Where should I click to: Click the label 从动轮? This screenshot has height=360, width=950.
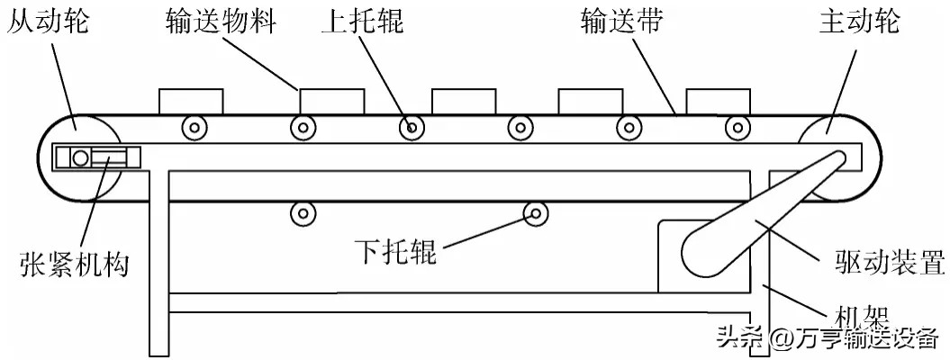tap(48, 22)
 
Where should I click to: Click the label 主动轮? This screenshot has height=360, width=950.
tap(859, 22)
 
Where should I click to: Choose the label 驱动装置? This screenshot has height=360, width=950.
tap(883, 265)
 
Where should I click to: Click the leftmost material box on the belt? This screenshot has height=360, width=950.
tap(191, 101)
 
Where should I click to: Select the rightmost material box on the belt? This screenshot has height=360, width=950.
tap(718, 101)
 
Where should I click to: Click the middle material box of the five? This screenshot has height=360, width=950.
tap(463, 101)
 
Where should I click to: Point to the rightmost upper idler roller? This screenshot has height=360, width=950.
tap(737, 128)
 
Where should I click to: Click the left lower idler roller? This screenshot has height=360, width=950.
tap(303, 213)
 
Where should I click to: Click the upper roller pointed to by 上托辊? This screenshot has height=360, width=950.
tap(412, 128)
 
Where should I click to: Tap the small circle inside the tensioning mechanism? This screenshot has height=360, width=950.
tap(80, 158)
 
